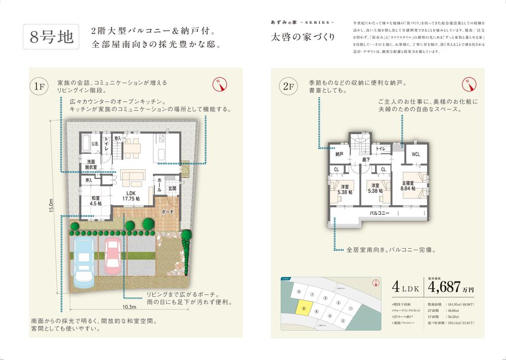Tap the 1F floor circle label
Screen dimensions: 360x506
[40, 86]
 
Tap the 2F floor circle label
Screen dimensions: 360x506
[288, 86]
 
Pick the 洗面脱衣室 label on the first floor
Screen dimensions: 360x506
[91, 165]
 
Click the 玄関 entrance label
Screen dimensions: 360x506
[172, 188]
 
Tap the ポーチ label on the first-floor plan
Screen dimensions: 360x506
[168, 212]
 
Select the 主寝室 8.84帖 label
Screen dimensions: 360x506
[407, 185]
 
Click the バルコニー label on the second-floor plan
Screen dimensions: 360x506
[379, 214]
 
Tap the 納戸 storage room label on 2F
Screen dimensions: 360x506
[339, 154]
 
